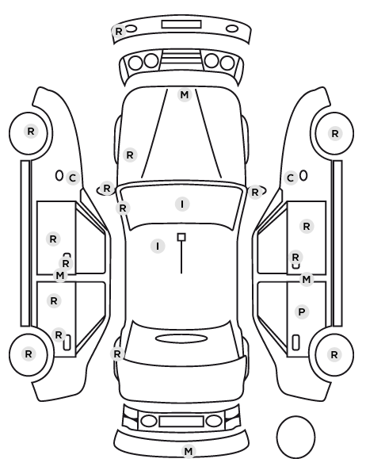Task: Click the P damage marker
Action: coord(302,312)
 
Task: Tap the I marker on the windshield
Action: coord(182,204)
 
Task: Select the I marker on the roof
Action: coord(158,246)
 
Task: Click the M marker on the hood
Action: coord(185,95)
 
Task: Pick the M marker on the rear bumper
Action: coord(189,451)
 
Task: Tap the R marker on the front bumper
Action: coord(119,31)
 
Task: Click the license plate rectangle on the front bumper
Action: coord(181,25)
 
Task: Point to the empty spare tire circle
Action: coord(295,437)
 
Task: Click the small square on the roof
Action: coord(181,237)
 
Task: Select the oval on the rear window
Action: coord(181,338)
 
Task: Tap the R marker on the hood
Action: coord(130,155)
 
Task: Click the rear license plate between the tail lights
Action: coord(181,421)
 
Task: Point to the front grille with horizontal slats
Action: coord(181,58)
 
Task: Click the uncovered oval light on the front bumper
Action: coord(232,29)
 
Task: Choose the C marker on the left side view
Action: coord(73,178)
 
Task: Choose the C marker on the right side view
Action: coord(291,178)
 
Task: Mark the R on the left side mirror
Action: coord(107,189)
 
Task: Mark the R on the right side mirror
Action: coord(255,193)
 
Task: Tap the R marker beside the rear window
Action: coord(117,354)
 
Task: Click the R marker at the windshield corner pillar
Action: coord(123,208)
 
